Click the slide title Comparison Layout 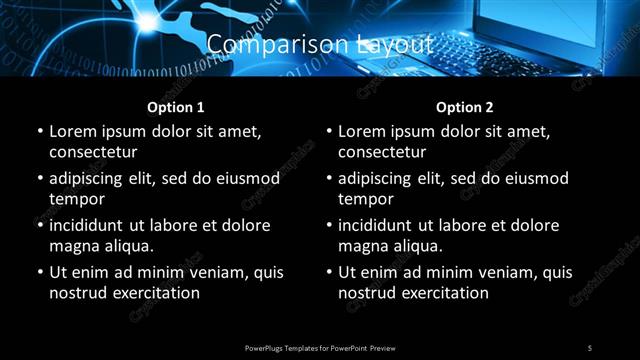pyautogui.click(x=320, y=45)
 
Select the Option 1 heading pyautogui.click(x=176, y=107)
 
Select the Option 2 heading pyautogui.click(x=465, y=107)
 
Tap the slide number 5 pyautogui.click(x=590, y=347)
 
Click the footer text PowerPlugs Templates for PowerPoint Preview pyautogui.click(x=320, y=347)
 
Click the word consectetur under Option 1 pyautogui.click(x=93, y=152)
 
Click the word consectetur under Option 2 pyautogui.click(x=382, y=152)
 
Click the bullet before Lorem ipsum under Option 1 pyautogui.click(x=39, y=131)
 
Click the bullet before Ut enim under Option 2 pyautogui.click(x=328, y=272)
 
